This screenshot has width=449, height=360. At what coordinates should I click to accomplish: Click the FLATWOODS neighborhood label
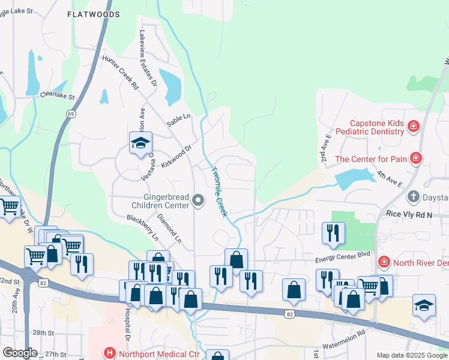coord(93,14)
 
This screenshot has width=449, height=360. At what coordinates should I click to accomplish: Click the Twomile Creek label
coord(218,191)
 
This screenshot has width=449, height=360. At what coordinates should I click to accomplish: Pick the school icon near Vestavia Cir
coord(140,143)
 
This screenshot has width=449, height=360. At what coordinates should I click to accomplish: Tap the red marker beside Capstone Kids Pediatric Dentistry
coord(413,126)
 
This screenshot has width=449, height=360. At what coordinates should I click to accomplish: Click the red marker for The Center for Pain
coord(415,158)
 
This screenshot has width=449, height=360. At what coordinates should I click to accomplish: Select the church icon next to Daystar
coord(413,197)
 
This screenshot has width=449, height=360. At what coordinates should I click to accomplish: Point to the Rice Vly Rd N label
coord(409,214)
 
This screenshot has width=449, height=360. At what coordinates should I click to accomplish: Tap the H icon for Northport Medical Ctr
coord(109,353)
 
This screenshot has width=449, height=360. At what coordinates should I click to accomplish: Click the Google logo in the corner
coord(20,353)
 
